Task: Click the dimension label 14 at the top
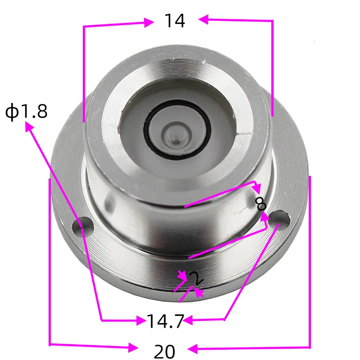(174, 21)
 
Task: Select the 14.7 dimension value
(165, 321)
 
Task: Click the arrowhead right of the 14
(202, 19)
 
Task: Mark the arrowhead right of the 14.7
(188, 320)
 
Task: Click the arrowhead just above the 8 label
(256, 186)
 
